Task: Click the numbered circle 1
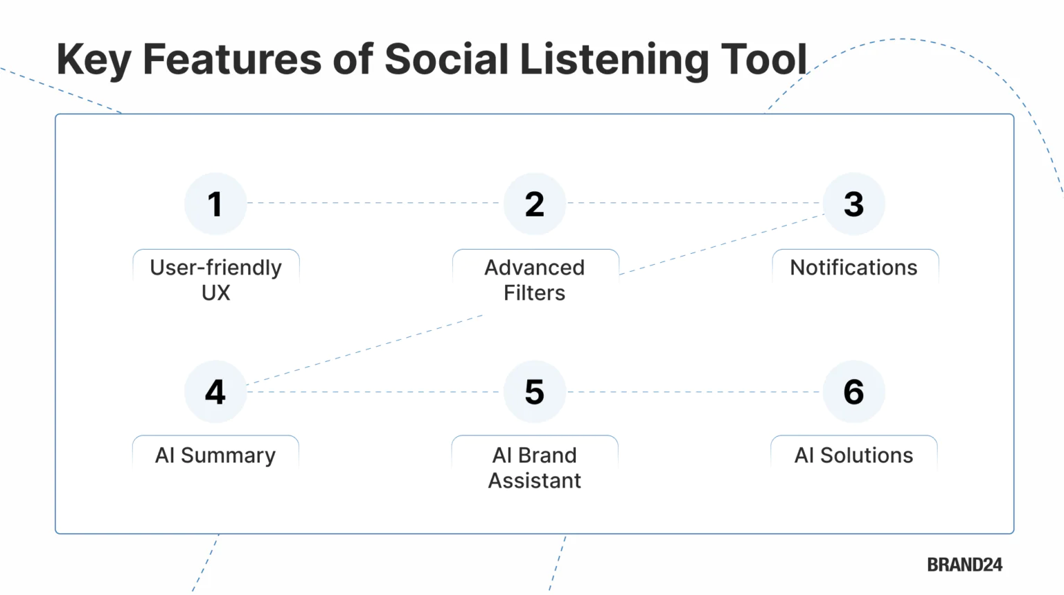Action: [215, 204]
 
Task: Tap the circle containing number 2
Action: [534, 204]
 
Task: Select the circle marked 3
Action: [853, 204]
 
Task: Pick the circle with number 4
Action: [215, 392]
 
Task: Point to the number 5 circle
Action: [534, 392]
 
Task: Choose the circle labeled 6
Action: [853, 392]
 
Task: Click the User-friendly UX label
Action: [215, 279]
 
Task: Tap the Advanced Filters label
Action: [534, 279]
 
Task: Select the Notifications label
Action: [853, 268]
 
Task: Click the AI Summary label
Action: [215, 456]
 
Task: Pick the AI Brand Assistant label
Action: [534, 467]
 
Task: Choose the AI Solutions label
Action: [853, 456]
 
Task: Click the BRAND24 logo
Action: [964, 565]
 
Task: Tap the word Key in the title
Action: [94, 60]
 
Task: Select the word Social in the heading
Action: [447, 59]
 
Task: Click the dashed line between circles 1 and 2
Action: [374, 203]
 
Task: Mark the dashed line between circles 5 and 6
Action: [693, 392]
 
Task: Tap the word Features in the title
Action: [232, 59]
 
